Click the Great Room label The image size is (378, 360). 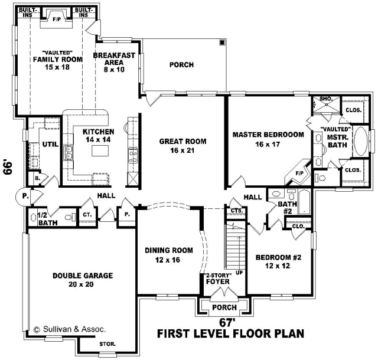(183, 146)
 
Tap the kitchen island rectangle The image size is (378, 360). (100, 151)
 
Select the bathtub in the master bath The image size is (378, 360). (360, 141)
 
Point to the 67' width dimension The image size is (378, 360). (227, 322)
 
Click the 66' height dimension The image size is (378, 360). (8, 167)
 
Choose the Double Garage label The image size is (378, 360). (83, 280)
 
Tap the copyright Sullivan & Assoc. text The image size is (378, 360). (70, 329)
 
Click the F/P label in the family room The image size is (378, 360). (57, 19)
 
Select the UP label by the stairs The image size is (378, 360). (239, 273)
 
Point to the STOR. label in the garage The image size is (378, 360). (107, 344)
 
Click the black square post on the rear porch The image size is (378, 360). (222, 42)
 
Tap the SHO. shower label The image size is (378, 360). (326, 99)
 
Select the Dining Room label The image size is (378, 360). (168, 255)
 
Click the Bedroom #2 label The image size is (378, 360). (278, 261)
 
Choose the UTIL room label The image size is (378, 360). (50, 145)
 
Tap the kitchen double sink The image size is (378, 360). (69, 153)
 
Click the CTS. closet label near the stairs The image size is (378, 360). (236, 211)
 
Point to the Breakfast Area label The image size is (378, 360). (114, 63)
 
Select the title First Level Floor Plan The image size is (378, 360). (230, 333)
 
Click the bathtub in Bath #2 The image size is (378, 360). (304, 202)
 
